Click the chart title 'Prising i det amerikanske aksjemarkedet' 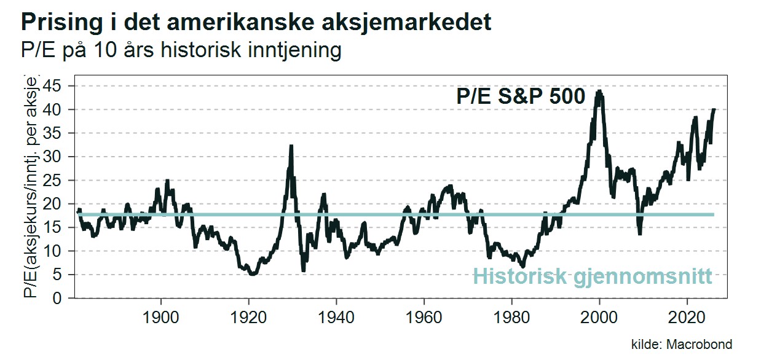click(x=256, y=23)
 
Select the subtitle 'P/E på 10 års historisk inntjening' click(x=181, y=50)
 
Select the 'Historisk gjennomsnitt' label click(x=592, y=276)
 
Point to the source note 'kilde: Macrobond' click(x=682, y=344)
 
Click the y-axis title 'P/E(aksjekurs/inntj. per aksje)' click(x=31, y=189)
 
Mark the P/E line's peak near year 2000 click(x=599, y=92)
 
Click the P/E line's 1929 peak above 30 click(x=291, y=146)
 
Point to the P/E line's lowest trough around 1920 click(x=251, y=274)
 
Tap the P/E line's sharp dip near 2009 click(x=639, y=233)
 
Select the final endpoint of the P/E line click(x=714, y=109)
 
